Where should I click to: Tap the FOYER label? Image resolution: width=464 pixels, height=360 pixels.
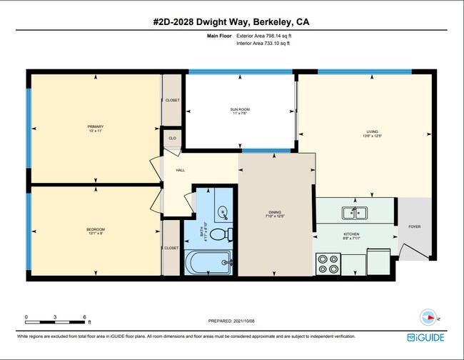tap(415, 226)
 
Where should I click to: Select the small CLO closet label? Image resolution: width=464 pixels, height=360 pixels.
tap(172, 137)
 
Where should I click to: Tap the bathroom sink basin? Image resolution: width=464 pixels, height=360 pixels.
tap(223, 213)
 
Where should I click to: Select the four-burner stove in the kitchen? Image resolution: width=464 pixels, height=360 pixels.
tap(329, 264)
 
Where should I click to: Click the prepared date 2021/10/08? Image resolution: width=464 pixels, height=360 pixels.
tap(232, 321)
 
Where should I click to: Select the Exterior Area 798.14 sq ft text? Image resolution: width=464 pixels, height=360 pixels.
tap(263, 35)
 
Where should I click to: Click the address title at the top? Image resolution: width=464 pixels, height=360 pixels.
tap(231, 22)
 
